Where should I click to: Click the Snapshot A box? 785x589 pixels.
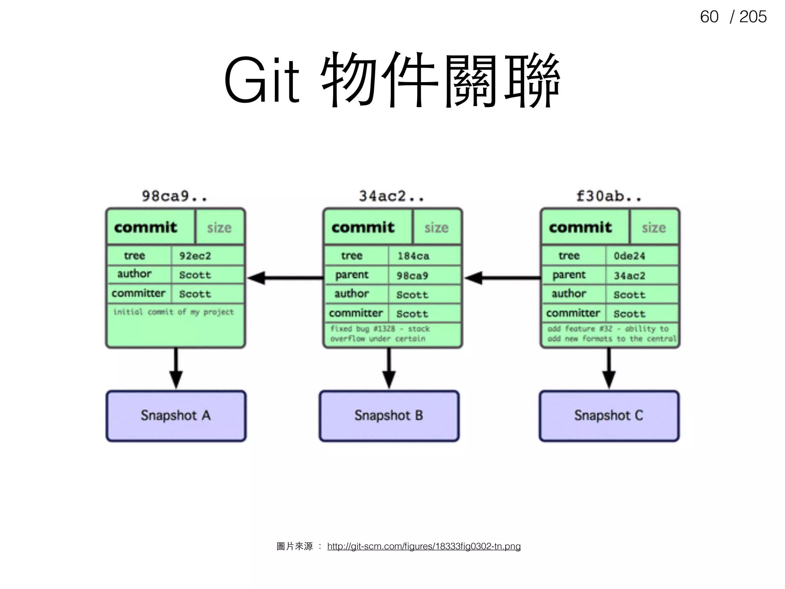click(x=176, y=416)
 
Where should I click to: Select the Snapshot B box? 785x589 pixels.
click(x=389, y=416)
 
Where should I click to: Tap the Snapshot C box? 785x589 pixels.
click(x=609, y=416)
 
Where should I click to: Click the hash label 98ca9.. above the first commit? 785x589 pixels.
click(x=174, y=196)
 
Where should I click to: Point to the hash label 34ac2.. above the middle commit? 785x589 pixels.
click(x=391, y=196)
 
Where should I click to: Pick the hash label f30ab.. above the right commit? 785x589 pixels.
click(x=609, y=196)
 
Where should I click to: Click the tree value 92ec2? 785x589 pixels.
click(x=195, y=256)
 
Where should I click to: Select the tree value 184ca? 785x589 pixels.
click(x=413, y=256)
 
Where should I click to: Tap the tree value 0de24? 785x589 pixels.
click(x=630, y=256)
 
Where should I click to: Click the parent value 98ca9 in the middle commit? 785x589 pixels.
click(x=412, y=276)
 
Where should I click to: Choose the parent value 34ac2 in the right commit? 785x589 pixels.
click(x=630, y=276)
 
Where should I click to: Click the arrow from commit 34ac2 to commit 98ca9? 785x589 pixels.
click(x=286, y=278)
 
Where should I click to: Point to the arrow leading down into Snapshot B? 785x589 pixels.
click(x=389, y=368)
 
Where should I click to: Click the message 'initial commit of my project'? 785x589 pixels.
click(x=173, y=312)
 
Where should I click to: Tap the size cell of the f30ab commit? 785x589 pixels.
click(x=654, y=227)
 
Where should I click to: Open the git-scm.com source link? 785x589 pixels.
click(x=424, y=546)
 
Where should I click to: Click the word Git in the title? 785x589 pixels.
click(x=261, y=81)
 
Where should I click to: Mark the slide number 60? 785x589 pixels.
click(x=709, y=17)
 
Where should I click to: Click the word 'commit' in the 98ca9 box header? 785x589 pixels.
click(x=146, y=227)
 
